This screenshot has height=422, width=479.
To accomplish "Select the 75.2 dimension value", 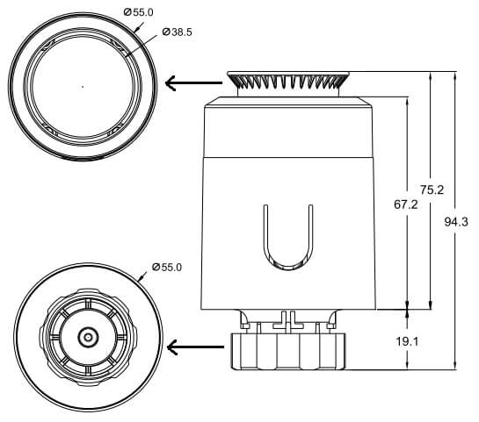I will tap(432, 190).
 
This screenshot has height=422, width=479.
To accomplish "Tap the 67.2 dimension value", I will tap(405, 204).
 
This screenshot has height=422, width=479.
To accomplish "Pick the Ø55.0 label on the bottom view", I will tap(166, 267).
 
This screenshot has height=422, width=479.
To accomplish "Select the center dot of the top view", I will tap(83, 86).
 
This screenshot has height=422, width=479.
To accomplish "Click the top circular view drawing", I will tap(83, 86).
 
